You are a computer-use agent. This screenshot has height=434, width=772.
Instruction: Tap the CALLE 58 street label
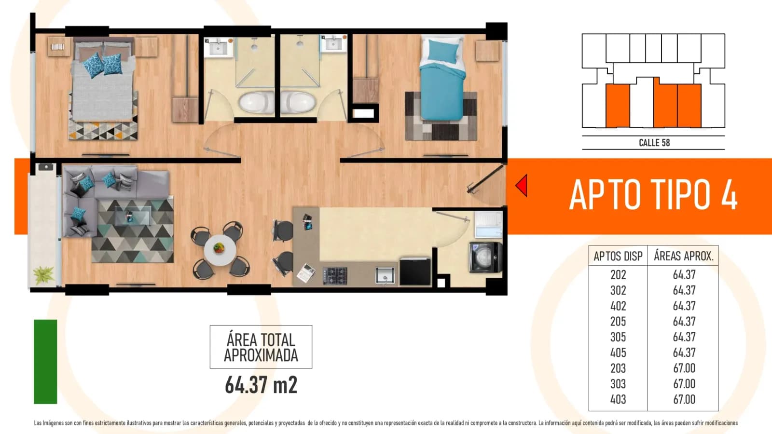[x=654, y=143]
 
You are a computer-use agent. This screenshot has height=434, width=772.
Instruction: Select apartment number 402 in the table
[x=618, y=306]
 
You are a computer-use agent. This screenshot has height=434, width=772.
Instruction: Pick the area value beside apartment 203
[x=684, y=368]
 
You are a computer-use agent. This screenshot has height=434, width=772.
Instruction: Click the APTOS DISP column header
[x=618, y=256]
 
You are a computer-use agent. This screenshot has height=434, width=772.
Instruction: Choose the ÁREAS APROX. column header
[x=684, y=256]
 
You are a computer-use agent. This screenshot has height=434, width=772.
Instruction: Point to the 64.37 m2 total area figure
[x=261, y=385]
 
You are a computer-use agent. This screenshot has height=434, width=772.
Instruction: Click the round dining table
[x=220, y=250]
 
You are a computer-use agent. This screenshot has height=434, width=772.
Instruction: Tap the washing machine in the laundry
[x=485, y=258]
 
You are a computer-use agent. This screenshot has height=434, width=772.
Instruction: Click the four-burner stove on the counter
[x=335, y=276]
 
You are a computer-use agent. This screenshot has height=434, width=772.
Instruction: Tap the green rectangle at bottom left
[x=45, y=362]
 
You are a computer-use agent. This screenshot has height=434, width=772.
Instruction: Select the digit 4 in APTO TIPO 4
[x=729, y=195]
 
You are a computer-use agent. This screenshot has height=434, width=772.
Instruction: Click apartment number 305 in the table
[x=618, y=337]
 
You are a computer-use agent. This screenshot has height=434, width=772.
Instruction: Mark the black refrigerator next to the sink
[x=415, y=272]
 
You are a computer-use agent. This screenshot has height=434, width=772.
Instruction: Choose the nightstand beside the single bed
[x=487, y=51]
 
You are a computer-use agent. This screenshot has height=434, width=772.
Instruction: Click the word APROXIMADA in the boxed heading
[x=261, y=355]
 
